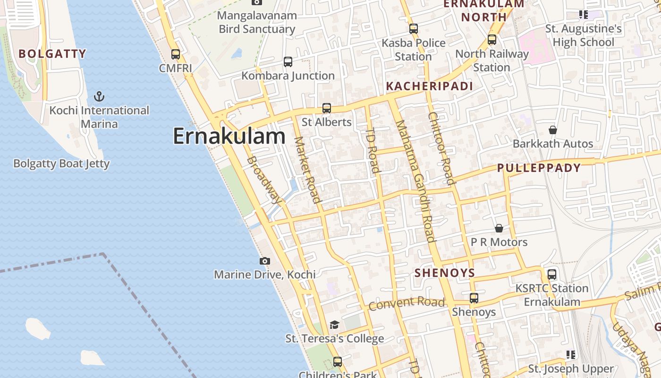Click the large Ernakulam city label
pos(229,137)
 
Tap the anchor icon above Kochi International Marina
pos(99,97)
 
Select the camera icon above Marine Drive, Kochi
pos(265,261)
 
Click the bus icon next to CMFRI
pos(176,54)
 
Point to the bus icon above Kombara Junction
pos(288,62)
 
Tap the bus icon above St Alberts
pos(326,108)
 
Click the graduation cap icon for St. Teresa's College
pos(334,325)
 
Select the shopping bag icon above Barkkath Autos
pos(553,130)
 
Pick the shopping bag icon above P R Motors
pos(499,229)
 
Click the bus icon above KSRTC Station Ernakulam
pos(552,275)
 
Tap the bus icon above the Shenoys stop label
pos(474,298)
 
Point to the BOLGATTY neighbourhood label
pos(52,54)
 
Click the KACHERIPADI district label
pos(429,86)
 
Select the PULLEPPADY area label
pos(539,168)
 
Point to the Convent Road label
pos(407,303)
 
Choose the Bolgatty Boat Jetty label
pos(61,164)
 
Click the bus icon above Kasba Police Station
pos(414,29)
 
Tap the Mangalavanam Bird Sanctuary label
pos(257,22)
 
